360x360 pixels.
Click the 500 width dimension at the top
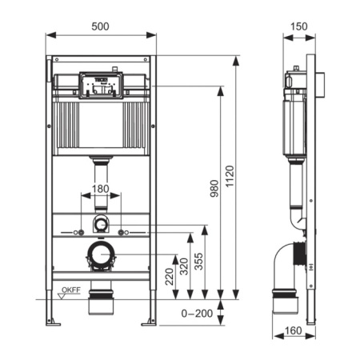point(101,26)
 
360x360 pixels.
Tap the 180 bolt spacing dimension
point(101,189)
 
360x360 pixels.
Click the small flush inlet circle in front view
point(101,224)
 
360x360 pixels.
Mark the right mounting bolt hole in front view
point(122,233)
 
